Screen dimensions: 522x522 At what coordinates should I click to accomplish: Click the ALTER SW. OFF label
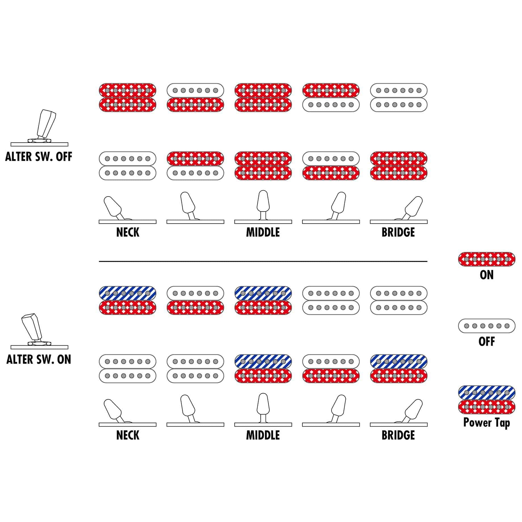39,157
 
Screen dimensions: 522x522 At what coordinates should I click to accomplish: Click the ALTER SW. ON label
39,359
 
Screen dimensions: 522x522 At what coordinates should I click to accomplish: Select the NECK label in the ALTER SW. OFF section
128,232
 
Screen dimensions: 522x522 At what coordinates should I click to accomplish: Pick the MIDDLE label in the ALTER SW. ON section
263,435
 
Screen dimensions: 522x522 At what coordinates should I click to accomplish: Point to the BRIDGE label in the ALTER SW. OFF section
398,232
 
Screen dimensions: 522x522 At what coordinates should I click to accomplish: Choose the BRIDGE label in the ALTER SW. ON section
398,435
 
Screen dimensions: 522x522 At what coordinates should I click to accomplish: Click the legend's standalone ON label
487,275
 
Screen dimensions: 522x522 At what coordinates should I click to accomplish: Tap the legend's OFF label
487,341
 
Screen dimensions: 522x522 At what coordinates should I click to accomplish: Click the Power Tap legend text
487,423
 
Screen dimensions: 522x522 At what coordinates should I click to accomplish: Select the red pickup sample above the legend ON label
487,259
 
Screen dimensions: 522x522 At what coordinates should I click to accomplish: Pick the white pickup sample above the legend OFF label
487,326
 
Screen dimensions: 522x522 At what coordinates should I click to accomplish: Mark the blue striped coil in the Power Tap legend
487,393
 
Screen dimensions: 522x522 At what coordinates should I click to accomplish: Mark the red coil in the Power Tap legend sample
487,407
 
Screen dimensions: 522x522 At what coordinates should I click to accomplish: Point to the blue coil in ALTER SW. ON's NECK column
128,293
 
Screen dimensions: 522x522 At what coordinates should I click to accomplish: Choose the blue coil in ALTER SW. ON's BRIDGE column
399,361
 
